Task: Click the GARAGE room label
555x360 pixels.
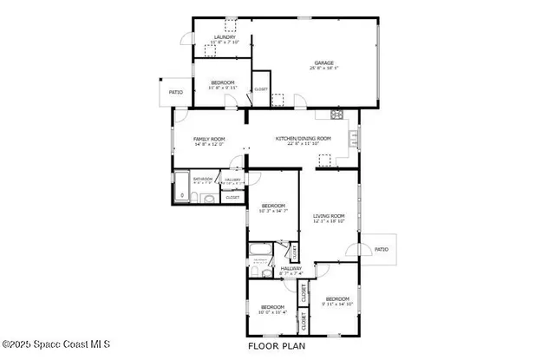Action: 324,63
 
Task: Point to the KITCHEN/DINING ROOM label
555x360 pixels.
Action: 303,139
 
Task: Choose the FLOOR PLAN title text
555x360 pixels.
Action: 277,345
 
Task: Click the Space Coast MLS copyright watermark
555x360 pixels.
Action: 55,345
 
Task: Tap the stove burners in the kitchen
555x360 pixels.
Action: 337,114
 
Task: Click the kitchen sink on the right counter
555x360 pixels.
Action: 353,137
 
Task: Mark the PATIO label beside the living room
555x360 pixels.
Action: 382,249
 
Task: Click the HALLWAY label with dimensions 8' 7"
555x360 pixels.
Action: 291,271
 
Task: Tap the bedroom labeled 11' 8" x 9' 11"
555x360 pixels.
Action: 222,84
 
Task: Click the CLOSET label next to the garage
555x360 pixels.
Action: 260,88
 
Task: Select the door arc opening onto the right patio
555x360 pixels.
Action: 356,249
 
